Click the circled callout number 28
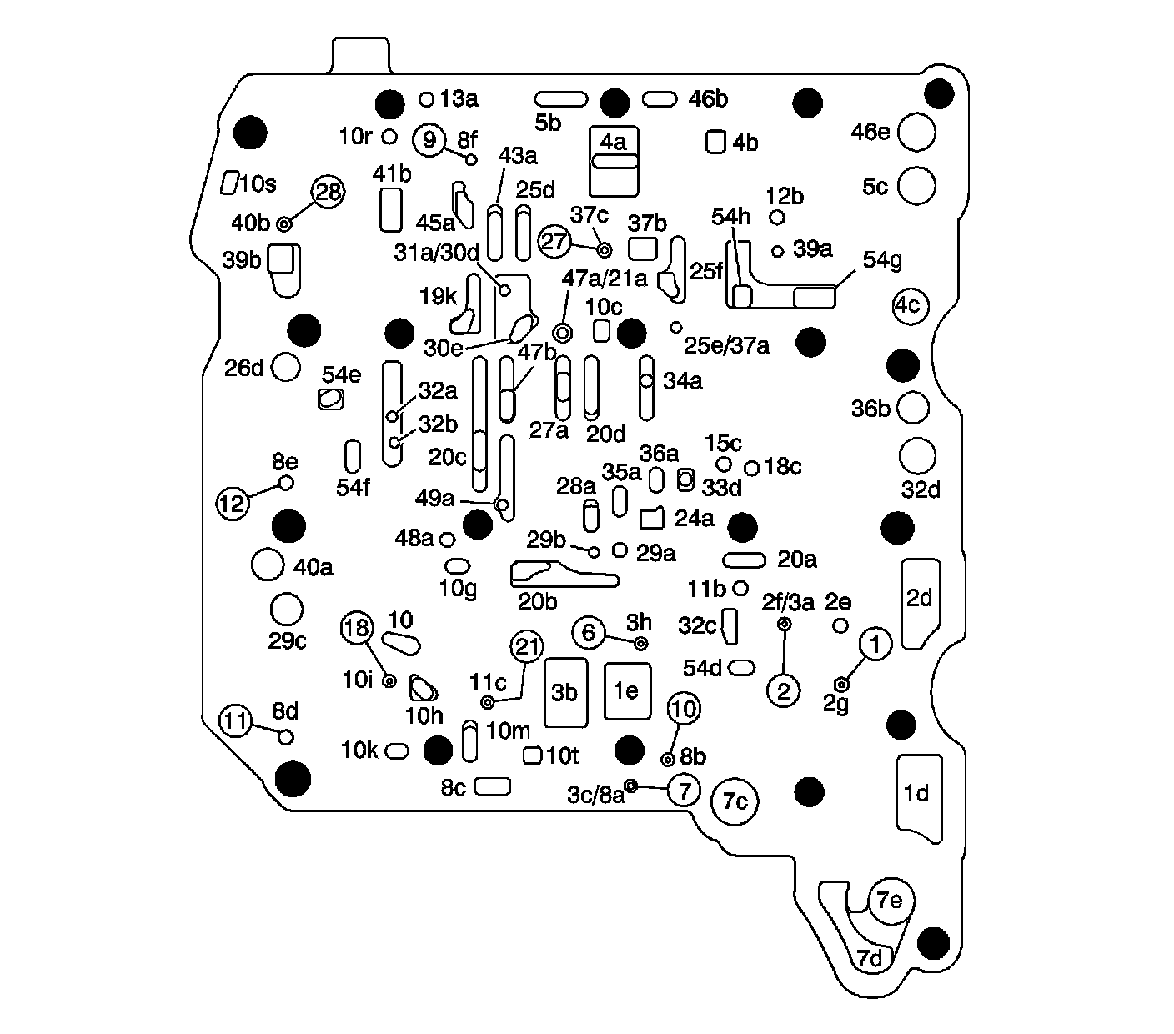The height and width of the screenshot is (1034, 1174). pyautogui.click(x=329, y=193)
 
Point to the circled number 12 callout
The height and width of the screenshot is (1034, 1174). pyautogui.click(x=233, y=503)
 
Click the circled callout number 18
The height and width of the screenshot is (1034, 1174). pyautogui.click(x=357, y=627)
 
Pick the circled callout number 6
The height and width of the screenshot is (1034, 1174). pyautogui.click(x=589, y=633)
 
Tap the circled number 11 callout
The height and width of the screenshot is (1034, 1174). pyautogui.click(x=237, y=720)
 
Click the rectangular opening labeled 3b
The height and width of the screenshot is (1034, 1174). pyautogui.click(x=565, y=692)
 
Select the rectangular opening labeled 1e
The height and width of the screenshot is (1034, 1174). pyautogui.click(x=626, y=691)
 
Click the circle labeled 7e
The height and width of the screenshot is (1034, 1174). pyautogui.click(x=891, y=901)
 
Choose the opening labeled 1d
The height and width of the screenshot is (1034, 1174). pyautogui.click(x=919, y=796)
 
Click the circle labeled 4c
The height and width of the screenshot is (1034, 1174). pyautogui.click(x=909, y=305)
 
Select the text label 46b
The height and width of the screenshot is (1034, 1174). pyautogui.click(x=708, y=99)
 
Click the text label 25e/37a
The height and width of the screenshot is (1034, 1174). pyautogui.click(x=726, y=344)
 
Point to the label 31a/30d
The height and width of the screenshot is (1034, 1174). pyautogui.click(x=437, y=251)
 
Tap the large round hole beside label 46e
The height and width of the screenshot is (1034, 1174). pyautogui.click(x=917, y=132)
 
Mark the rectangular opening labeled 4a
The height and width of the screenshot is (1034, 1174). pyautogui.click(x=615, y=160)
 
